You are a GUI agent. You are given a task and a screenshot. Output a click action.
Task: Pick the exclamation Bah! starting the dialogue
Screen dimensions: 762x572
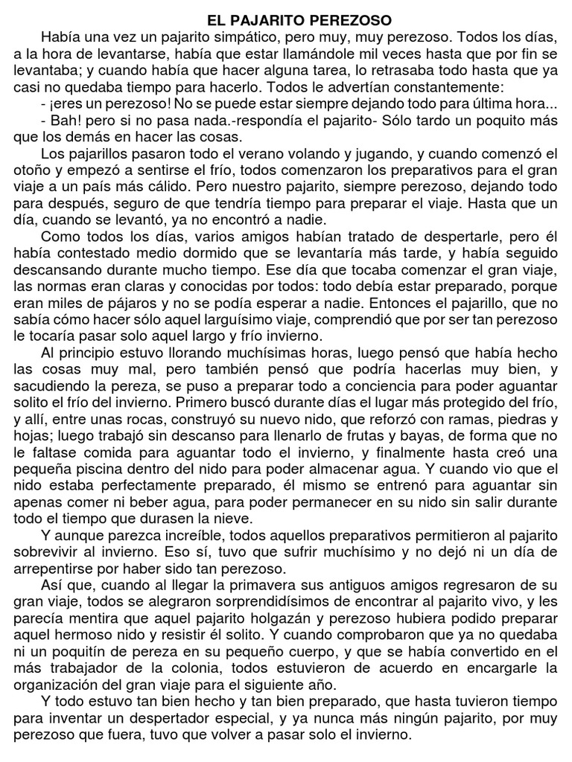pyautogui.click(x=68, y=122)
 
